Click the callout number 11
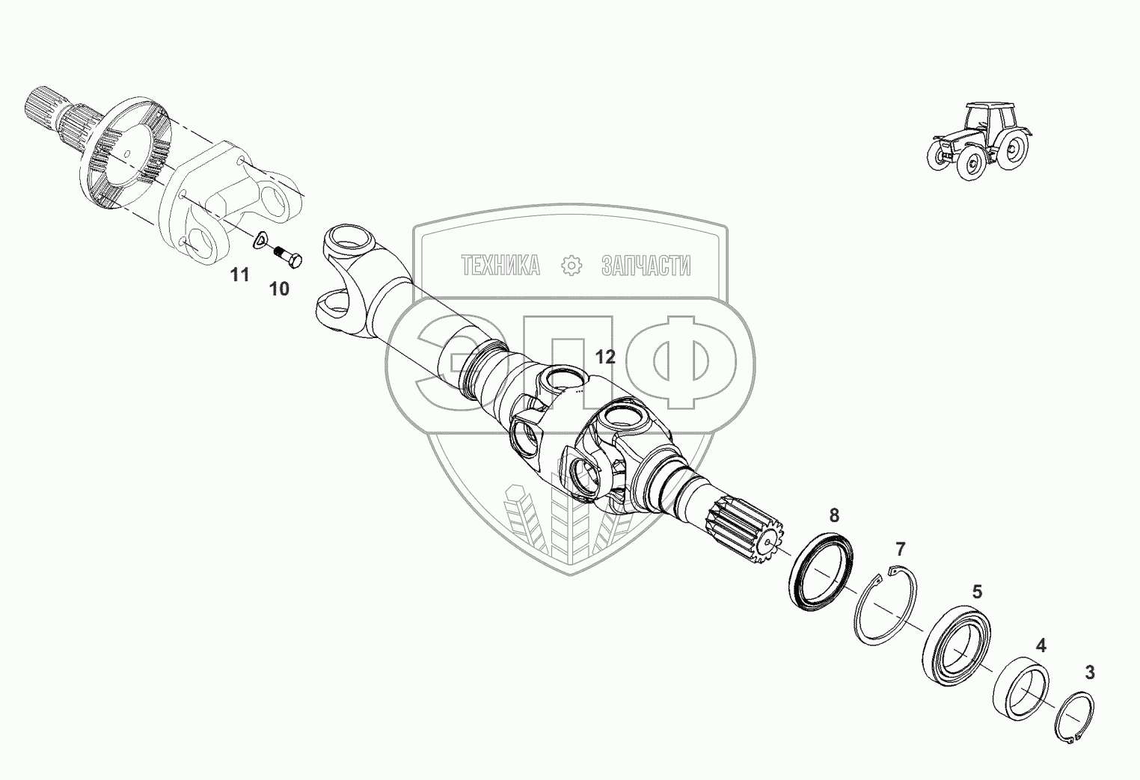[239, 276]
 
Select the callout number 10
[279, 289]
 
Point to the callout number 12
[605, 357]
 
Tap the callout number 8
[834, 515]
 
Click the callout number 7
[900, 550]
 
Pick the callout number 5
[977, 592]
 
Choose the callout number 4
[1041, 645]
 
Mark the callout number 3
[1090, 673]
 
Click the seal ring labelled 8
[822, 572]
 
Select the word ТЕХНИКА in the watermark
[500, 265]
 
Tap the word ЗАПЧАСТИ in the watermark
[646, 265]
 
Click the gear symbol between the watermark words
[571, 265]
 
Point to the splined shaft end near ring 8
[744, 529]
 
